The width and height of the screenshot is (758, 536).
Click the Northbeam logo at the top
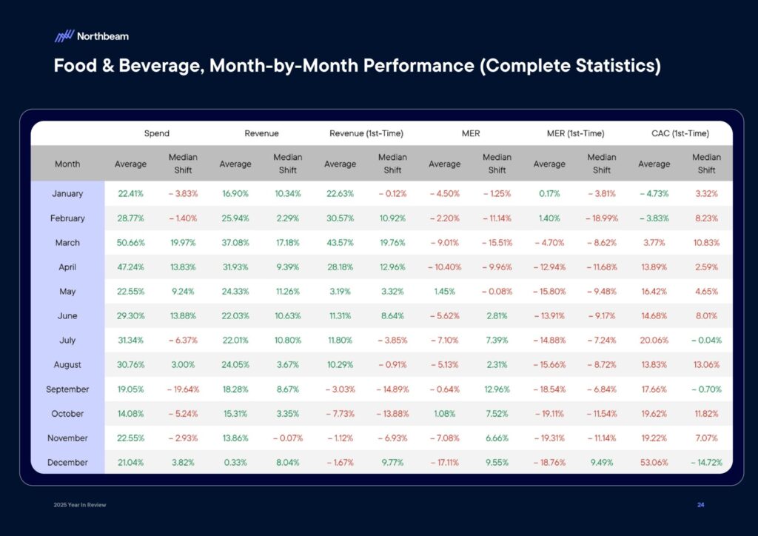[91, 36]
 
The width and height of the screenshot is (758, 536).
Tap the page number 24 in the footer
[700, 504]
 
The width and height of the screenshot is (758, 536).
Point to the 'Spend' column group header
[156, 133]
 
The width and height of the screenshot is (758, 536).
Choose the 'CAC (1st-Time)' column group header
[681, 133]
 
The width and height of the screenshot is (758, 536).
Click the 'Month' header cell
[67, 164]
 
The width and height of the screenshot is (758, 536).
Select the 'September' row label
[67, 389]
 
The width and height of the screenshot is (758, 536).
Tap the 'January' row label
[67, 194]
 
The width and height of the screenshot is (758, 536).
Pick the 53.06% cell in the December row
[654, 463]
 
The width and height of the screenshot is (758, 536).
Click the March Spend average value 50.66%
[130, 243]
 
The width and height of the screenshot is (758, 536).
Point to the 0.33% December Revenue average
[235, 463]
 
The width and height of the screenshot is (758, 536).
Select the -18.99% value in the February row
[601, 218]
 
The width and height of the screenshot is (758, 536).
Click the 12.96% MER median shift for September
[497, 389]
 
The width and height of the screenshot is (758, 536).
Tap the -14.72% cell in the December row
[706, 463]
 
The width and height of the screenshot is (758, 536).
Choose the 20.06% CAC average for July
[654, 341]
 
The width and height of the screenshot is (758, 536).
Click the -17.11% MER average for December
[444, 463]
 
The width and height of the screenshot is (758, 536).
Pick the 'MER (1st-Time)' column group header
[575, 133]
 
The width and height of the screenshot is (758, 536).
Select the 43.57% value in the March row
[340, 243]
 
